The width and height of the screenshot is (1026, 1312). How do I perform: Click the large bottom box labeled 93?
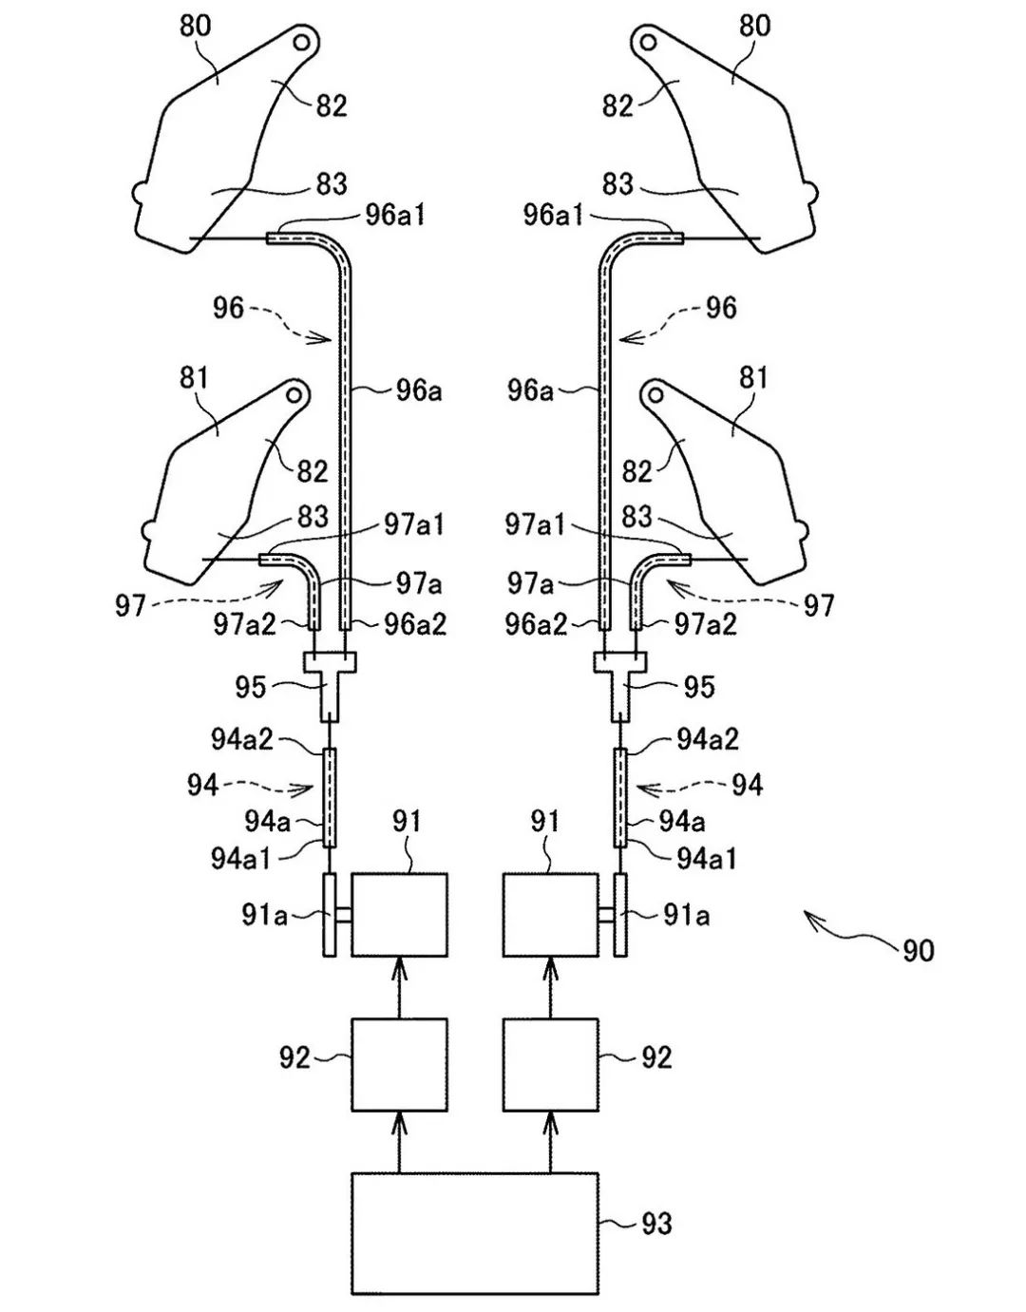(475, 1232)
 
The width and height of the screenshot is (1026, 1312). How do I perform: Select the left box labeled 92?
(399, 1064)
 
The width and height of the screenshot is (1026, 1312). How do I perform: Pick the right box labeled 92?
(551, 1064)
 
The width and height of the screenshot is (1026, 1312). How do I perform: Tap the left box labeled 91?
(399, 914)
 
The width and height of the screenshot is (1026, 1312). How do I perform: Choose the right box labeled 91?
(551, 914)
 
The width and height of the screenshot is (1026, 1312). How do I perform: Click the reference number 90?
(918, 950)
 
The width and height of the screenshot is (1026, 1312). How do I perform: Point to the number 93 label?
(655, 1224)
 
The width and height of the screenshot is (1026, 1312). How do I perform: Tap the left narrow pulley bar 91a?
(329, 914)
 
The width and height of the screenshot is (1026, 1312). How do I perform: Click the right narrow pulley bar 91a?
(621, 914)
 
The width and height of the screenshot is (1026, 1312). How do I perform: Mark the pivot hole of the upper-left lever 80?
(303, 43)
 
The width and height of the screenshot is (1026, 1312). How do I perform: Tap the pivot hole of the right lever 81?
(654, 393)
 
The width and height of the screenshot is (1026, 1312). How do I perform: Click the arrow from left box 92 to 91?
(399, 987)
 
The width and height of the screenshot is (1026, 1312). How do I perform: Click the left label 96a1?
(395, 215)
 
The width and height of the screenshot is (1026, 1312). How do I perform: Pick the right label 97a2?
(705, 624)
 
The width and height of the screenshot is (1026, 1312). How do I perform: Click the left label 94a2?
(241, 738)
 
